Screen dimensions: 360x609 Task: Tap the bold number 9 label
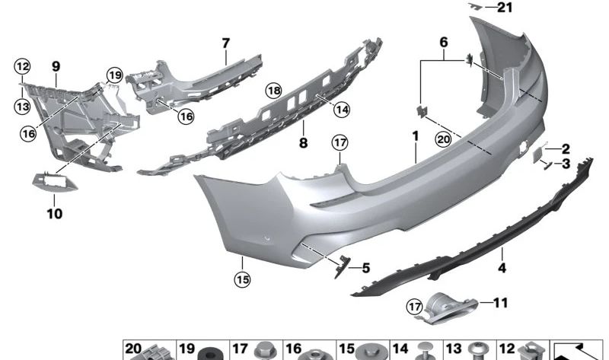tap(56, 67)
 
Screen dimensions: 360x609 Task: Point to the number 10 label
tap(54, 214)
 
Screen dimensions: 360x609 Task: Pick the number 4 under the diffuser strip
tap(502, 267)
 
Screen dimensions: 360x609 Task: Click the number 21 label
tap(505, 8)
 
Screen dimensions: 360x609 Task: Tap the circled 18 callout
tap(273, 91)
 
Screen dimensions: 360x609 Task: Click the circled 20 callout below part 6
tap(443, 139)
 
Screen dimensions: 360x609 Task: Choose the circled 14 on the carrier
tap(342, 110)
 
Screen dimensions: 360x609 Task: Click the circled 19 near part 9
tap(114, 75)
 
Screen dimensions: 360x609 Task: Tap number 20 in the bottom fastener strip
tap(134, 349)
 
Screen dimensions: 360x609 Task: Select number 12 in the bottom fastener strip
tap(507, 349)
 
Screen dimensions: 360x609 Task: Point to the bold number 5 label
tap(365, 268)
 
